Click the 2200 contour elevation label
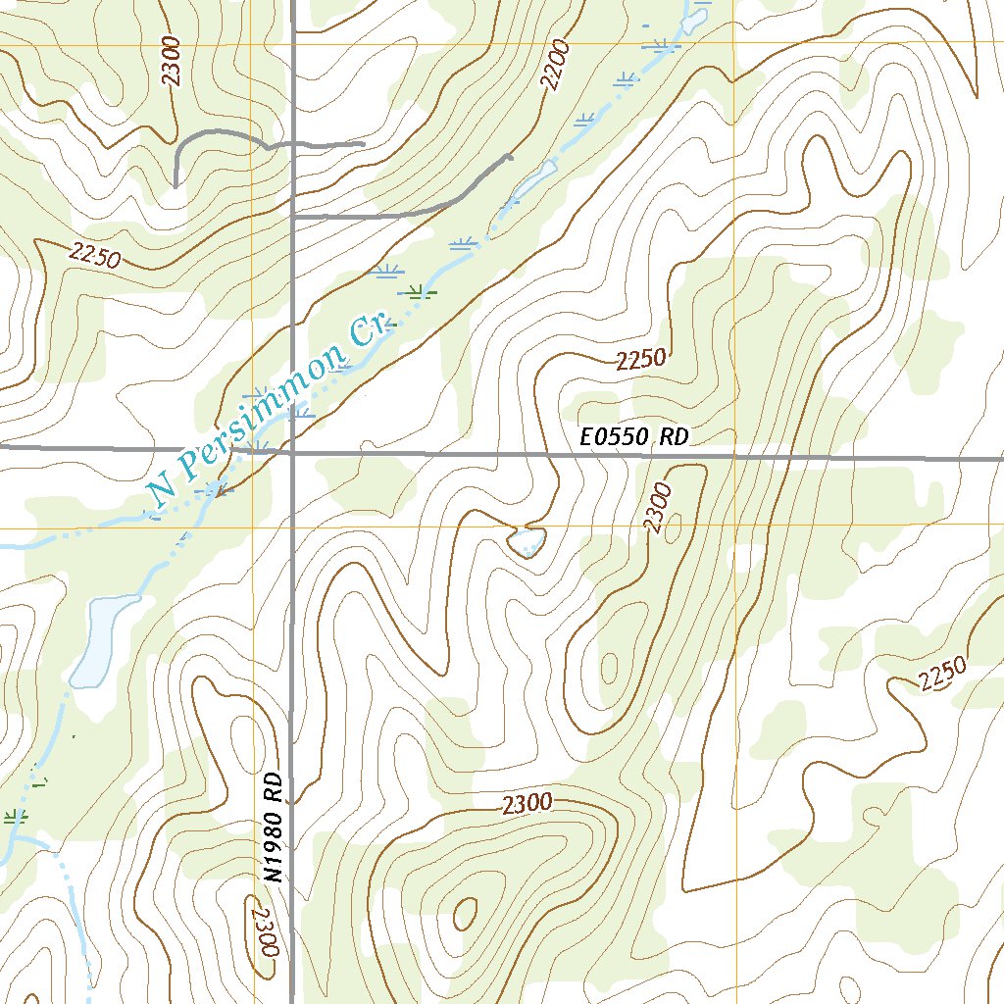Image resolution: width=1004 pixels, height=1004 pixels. tap(553, 68)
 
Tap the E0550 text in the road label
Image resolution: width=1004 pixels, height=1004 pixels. tap(614, 437)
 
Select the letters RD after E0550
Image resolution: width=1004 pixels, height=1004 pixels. tap(674, 437)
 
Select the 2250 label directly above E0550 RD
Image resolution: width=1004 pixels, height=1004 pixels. tap(642, 360)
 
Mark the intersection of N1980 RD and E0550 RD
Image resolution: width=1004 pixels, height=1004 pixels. tap(293, 453)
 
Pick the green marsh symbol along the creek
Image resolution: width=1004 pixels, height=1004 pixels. tap(419, 290)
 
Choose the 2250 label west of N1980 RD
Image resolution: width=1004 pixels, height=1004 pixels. tap(94, 255)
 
